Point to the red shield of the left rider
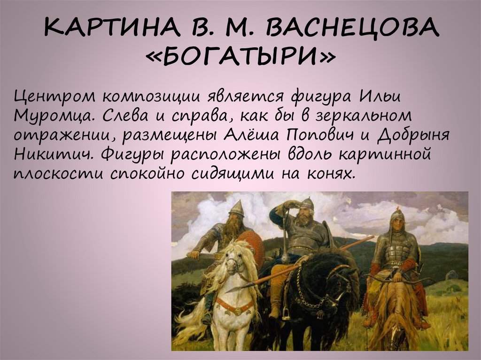click(256, 246)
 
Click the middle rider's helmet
click(306, 203)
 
